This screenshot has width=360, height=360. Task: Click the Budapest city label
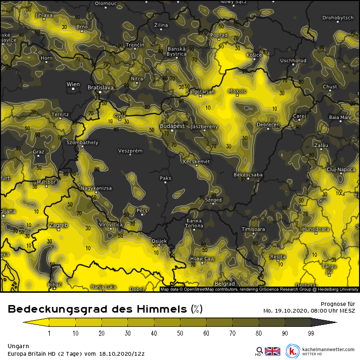click(x=172, y=127)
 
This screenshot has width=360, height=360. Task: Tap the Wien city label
click(x=73, y=85)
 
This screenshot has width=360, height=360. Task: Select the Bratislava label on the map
click(x=100, y=88)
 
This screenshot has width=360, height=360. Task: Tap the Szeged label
click(x=213, y=200)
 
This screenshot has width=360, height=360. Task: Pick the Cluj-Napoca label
click(x=341, y=169)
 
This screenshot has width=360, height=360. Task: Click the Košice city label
click(x=254, y=55)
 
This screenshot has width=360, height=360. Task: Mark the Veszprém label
click(x=130, y=151)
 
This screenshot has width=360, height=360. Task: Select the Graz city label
click(x=38, y=152)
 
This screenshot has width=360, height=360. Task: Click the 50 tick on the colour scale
click(x=180, y=333)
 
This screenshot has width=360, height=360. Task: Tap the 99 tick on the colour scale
click(x=311, y=333)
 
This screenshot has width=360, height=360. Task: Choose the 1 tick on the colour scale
click(x=49, y=333)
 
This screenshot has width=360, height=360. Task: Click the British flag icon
click(x=272, y=351)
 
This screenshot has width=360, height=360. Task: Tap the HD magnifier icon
click(x=259, y=351)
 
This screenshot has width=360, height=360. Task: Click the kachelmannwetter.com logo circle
click(x=293, y=351)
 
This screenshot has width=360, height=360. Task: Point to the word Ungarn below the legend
click(x=18, y=346)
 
